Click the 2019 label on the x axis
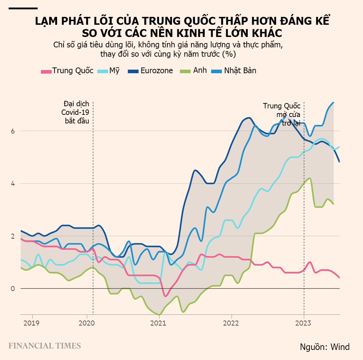coord(33,322)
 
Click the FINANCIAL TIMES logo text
coord(45,346)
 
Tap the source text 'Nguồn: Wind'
coord(325,347)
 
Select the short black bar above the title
coord(23,8)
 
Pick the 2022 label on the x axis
coord(232,322)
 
